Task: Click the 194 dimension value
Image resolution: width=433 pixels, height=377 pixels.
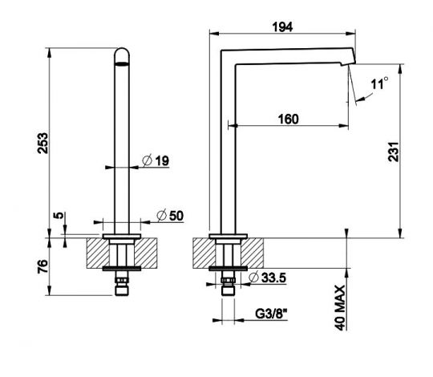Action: click(282, 27)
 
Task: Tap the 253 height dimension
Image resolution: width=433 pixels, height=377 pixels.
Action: click(42, 143)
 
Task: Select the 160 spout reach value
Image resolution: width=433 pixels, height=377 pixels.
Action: click(288, 119)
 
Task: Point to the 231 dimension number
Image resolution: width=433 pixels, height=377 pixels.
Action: click(394, 152)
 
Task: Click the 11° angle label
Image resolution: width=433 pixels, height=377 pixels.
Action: click(379, 83)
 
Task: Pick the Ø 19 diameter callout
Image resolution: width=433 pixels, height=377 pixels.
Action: click(156, 160)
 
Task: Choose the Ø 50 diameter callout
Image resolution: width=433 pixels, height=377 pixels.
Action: click(170, 216)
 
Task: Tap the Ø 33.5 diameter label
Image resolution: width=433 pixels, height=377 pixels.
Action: click(267, 278)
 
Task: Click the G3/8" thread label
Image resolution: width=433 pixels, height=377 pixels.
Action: click(271, 314)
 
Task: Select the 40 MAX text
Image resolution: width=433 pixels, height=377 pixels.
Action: click(340, 308)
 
